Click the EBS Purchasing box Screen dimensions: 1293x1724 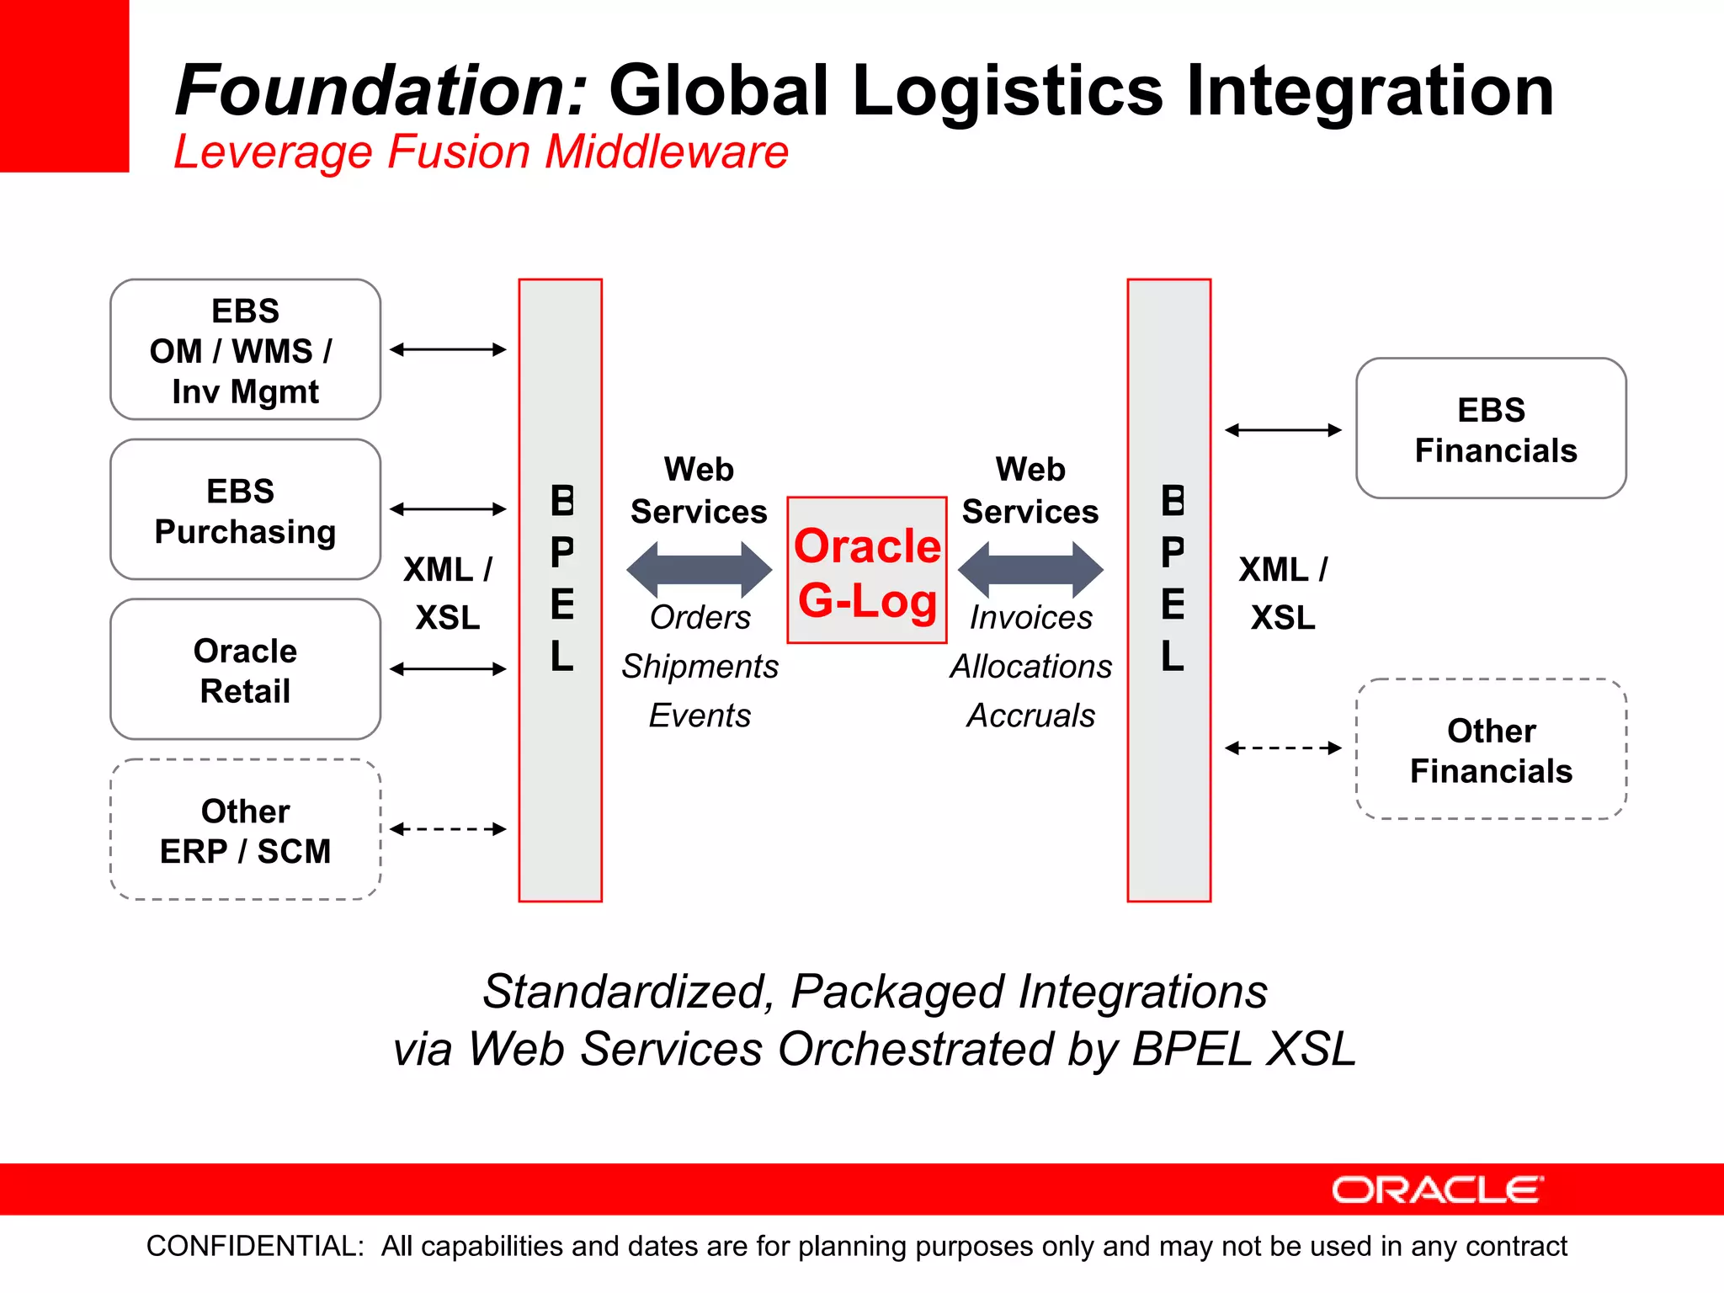pos(245,509)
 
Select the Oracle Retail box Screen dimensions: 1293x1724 pos(245,669)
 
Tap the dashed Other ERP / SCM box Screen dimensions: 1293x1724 pos(245,830)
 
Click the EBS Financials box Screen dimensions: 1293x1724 pos(1491,428)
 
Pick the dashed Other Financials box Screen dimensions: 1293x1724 pos(1491,749)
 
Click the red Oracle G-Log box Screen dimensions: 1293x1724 pos(867,571)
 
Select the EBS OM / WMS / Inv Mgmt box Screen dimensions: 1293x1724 pos(245,349)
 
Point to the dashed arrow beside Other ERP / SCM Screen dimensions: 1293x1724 pos(448,829)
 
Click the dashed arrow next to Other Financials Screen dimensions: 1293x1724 pos(1283,748)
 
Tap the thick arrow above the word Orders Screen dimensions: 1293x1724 pos(699,570)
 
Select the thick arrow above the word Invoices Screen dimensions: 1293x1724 pos(1030,570)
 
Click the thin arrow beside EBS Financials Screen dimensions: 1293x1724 pos(1283,430)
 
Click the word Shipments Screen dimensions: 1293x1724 pos(700,667)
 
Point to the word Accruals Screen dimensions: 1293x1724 pos(1030,716)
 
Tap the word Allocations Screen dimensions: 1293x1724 pos(1030,667)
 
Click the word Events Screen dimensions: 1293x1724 pos(700,716)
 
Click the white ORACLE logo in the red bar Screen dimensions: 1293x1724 pos(1437,1190)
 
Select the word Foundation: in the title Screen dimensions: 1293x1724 pos(380,91)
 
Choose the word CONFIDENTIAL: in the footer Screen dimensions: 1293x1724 pos(255,1246)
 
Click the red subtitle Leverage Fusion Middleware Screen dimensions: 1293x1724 pos(481,152)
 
